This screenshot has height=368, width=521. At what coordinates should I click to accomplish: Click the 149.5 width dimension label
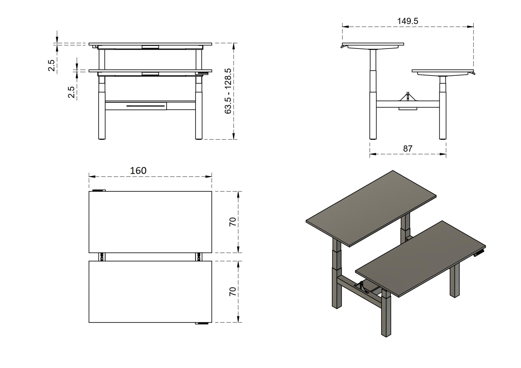(x=408, y=21)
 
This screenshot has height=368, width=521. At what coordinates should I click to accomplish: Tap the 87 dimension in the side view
(x=408, y=148)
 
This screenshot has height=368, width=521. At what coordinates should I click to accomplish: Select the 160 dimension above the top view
(x=138, y=171)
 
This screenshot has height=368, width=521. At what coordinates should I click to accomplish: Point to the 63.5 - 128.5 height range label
(x=228, y=91)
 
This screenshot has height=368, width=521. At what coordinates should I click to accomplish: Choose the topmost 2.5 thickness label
(x=51, y=65)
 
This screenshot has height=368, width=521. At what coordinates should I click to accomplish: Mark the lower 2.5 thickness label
(x=71, y=92)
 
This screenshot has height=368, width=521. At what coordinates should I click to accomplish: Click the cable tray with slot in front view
(x=136, y=106)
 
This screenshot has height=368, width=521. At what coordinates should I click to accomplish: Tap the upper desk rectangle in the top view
(x=150, y=222)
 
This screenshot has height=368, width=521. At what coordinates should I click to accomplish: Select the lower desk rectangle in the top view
(x=150, y=292)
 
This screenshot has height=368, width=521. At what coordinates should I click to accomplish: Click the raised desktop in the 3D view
(x=371, y=208)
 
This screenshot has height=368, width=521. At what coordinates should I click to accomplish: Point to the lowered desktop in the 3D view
(x=420, y=259)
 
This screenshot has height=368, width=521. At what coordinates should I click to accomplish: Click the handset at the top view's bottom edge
(x=202, y=323)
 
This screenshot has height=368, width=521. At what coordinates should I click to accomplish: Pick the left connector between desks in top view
(x=102, y=257)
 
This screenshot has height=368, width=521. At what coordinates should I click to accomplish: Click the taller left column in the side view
(x=373, y=94)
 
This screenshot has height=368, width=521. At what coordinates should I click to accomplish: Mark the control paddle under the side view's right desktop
(x=472, y=72)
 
